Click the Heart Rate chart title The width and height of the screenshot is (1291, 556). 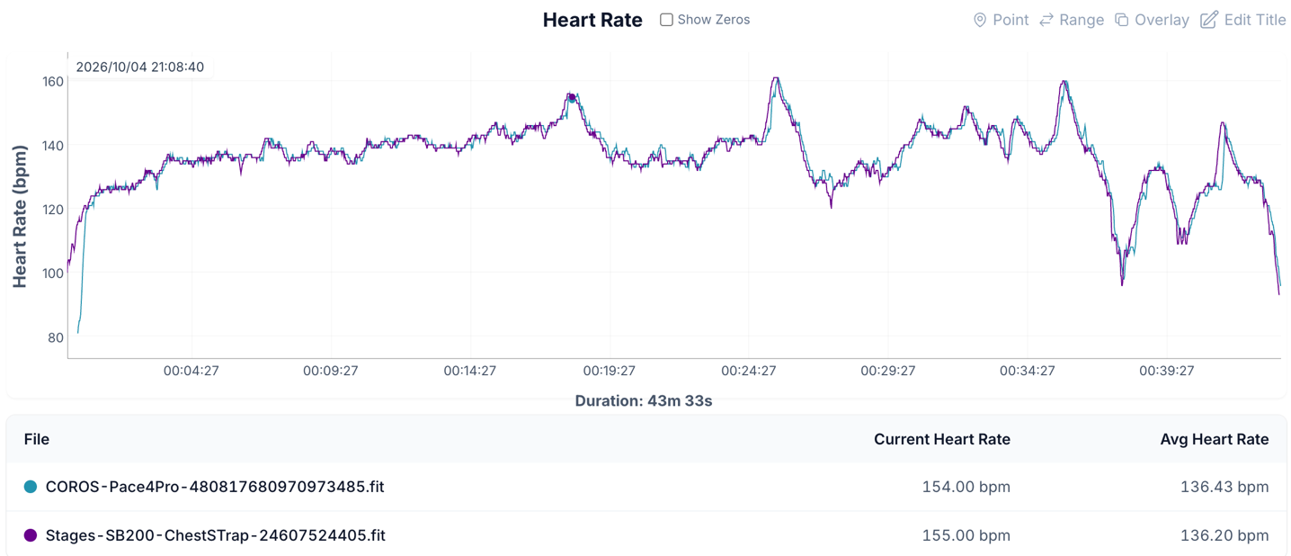[x=592, y=20]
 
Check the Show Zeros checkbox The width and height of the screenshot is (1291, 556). [x=666, y=20]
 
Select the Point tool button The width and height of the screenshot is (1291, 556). [x=1002, y=20]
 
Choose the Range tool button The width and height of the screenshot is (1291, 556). [x=1072, y=20]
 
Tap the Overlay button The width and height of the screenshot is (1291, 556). [x=1153, y=20]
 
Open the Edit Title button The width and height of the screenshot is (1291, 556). [x=1243, y=20]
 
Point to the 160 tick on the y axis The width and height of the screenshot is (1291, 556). [x=53, y=81]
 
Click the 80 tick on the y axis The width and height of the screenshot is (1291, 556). [x=56, y=337]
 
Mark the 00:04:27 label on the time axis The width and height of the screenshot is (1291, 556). [x=191, y=371]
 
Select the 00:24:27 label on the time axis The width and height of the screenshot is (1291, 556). [x=749, y=371]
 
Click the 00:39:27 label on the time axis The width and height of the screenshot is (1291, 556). [x=1167, y=371]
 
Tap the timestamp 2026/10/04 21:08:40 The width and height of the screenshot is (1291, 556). [x=140, y=67]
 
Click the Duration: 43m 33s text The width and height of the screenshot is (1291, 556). [x=644, y=401]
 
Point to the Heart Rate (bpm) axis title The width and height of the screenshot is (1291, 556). [x=20, y=216]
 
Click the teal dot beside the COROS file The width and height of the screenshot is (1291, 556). [x=31, y=487]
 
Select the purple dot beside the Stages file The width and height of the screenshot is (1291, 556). [x=31, y=535]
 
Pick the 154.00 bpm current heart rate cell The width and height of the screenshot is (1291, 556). [x=966, y=487]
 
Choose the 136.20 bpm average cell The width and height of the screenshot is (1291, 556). [x=1224, y=535]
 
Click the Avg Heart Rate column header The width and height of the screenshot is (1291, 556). [x=1215, y=440]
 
